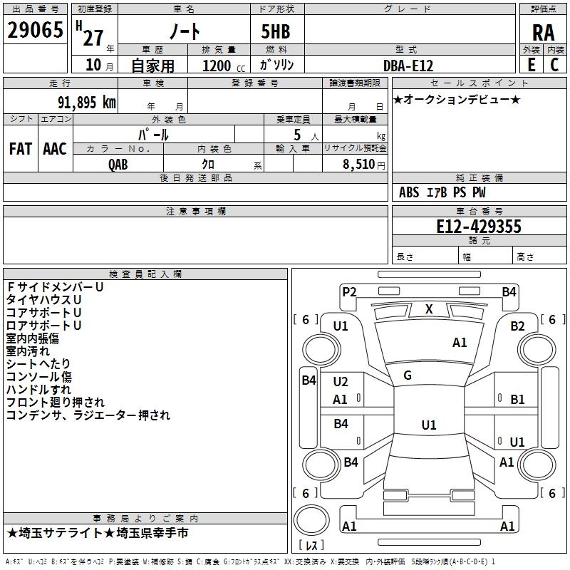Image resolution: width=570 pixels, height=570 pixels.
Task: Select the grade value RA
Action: pos(543,32)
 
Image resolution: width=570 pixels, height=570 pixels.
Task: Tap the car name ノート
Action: pos(184,31)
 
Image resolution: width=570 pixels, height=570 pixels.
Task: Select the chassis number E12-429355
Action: pos(479,227)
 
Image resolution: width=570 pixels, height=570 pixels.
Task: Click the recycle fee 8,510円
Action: pos(364,165)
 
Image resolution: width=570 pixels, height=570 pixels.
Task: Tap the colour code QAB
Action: pos(118,165)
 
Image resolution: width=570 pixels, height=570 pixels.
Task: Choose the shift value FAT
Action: pos(21,149)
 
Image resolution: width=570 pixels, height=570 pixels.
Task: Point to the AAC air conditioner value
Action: pos(55,149)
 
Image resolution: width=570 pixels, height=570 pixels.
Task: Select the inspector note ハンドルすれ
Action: pos(38,390)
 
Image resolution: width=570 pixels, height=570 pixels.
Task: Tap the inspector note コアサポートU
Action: pos(43,313)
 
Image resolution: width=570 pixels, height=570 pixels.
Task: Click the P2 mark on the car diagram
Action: pos(349,291)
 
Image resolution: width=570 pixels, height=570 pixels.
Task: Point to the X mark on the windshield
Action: pos(429,309)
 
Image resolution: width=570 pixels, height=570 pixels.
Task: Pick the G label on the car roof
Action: pos(408,375)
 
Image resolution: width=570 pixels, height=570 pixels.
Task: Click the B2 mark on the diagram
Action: pos(517,326)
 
